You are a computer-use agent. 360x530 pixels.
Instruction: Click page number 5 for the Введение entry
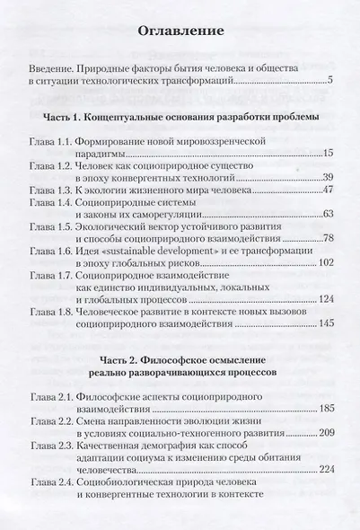(330, 83)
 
